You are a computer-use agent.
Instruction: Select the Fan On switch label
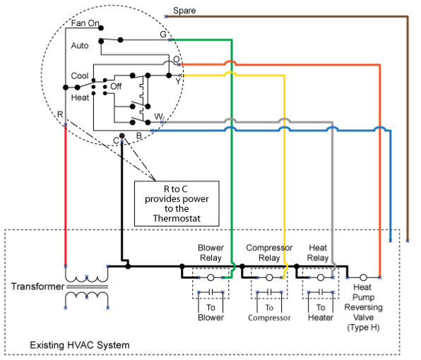tap(85, 24)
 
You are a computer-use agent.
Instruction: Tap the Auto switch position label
tap(80, 45)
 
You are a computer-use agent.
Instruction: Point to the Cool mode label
tap(79, 76)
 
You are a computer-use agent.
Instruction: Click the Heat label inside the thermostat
tap(80, 97)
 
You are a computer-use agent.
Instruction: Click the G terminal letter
tap(163, 35)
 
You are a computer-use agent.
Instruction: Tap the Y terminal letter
tap(178, 80)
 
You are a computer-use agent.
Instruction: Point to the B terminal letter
tap(139, 135)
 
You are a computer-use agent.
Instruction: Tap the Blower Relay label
tap(210, 253)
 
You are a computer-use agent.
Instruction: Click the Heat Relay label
tap(318, 253)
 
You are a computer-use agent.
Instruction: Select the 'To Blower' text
tap(210, 313)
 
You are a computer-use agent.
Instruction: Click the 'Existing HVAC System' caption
tap(80, 345)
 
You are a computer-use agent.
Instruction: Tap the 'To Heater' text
tap(319, 313)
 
